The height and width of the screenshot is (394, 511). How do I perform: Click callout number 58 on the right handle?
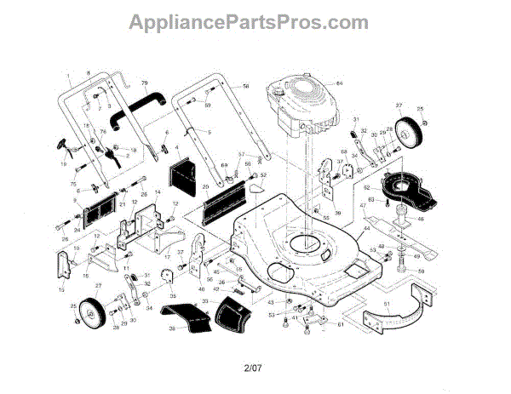(246, 87)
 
